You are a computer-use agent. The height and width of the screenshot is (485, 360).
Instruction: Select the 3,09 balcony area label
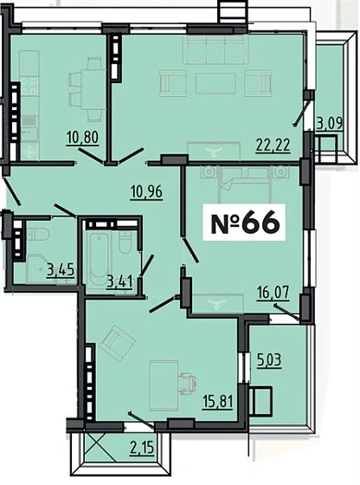328,124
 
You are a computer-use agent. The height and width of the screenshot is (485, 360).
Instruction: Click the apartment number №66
246,222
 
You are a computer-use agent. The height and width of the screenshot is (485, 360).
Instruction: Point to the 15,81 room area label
219,403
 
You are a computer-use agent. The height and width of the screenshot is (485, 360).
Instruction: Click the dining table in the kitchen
87,81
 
